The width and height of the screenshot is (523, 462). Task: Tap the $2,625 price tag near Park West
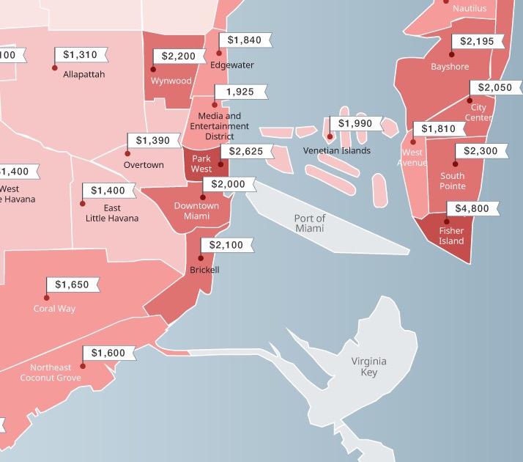pyautogui.click(x=246, y=152)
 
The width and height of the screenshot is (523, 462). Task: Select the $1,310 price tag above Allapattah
pyautogui.click(x=80, y=55)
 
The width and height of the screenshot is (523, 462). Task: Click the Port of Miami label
pyautogui.click(x=309, y=224)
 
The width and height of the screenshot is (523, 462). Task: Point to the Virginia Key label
pyautogui.click(x=368, y=367)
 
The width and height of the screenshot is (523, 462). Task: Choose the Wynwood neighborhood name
pyautogui.click(x=171, y=81)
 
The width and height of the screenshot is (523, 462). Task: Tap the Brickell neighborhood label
pyautogui.click(x=204, y=270)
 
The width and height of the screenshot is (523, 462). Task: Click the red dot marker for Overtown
pyautogui.click(x=127, y=153)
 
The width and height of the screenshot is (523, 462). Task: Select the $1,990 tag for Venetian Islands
pyautogui.click(x=355, y=123)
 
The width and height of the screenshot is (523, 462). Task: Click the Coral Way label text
pyautogui.click(x=54, y=309)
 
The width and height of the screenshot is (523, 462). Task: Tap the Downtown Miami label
pyautogui.click(x=196, y=211)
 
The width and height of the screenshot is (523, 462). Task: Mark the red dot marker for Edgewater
pyautogui.click(x=219, y=53)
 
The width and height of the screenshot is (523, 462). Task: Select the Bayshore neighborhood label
pyautogui.click(x=450, y=67)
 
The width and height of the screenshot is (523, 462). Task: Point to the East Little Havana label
pyautogui.click(x=112, y=213)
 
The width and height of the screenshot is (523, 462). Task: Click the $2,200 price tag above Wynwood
pyautogui.click(x=179, y=56)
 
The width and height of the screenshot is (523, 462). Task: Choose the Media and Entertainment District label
pyautogui.click(x=219, y=126)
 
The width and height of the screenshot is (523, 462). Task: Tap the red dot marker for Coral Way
pyautogui.click(x=47, y=298)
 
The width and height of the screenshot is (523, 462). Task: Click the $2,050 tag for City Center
pyautogui.click(x=494, y=88)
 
